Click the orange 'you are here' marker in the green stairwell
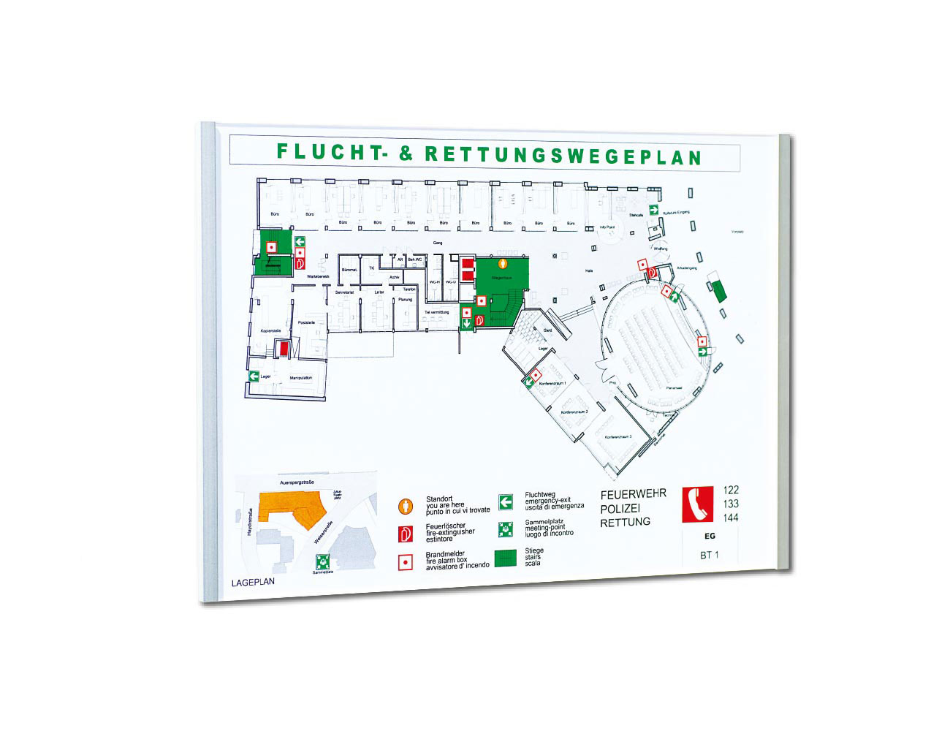(502, 262)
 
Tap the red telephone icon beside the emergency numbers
(697, 504)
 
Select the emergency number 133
(730, 504)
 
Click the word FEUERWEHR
(633, 494)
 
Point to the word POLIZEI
(620, 509)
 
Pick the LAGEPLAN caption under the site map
(253, 583)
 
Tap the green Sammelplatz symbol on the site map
(322, 562)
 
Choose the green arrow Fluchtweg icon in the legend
(506, 502)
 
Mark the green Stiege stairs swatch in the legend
(506, 558)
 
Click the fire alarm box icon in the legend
(405, 562)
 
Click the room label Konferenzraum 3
(617, 437)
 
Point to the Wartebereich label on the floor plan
(318, 276)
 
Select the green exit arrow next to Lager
(254, 376)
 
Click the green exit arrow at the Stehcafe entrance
(654, 210)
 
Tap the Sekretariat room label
(344, 292)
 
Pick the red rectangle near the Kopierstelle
(281, 349)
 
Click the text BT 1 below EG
(709, 555)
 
